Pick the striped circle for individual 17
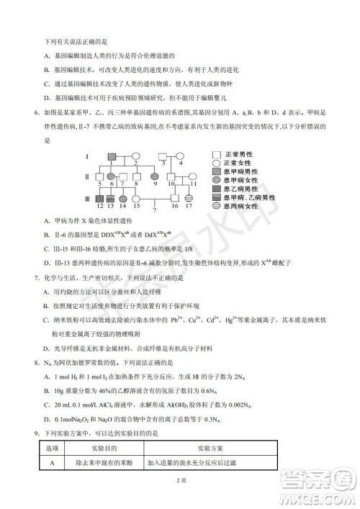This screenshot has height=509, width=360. click(189, 197)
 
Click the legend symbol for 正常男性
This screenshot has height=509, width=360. click(217, 155)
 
